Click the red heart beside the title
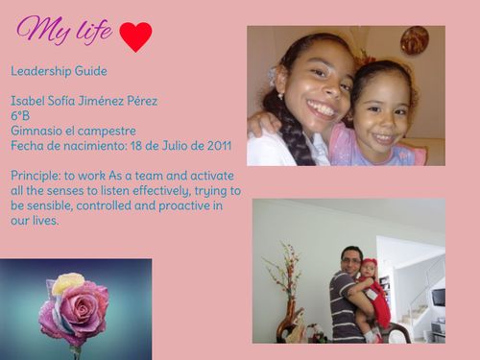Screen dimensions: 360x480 pos(135,36)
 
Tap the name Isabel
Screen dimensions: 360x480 pos(30,101)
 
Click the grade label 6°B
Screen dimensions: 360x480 pos(20,115)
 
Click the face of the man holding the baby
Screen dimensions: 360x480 pos(351,260)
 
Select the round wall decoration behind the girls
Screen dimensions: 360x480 pos(415,41)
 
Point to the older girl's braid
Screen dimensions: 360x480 pos(288,139)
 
